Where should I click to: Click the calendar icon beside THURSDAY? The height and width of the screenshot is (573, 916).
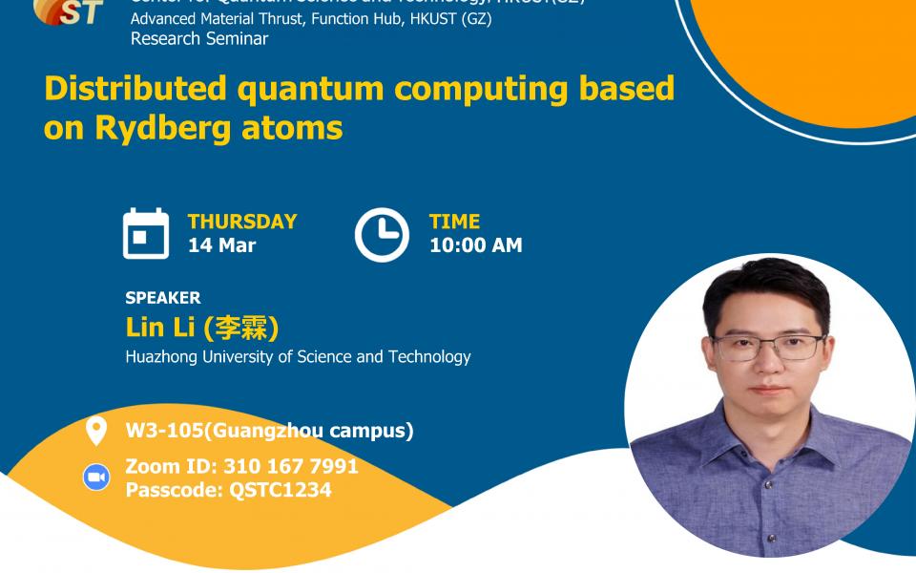pos(146,234)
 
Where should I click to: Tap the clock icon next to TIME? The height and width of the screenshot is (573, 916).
pos(382,234)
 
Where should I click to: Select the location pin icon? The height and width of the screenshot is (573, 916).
pos(95,432)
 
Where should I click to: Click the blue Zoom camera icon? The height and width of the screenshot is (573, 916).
pos(95,477)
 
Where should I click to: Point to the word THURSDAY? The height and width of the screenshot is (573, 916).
pos(242,222)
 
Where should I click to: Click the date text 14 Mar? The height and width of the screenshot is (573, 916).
pos(221,245)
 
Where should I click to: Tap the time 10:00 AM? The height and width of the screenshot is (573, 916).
pos(475,245)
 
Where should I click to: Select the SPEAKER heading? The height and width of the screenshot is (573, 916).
pos(163,298)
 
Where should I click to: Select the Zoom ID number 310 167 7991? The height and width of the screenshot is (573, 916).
pos(291,467)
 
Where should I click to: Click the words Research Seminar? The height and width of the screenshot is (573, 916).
pos(199,39)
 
